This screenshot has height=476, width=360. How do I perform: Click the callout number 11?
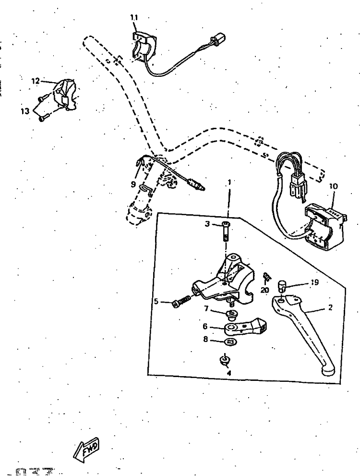click(x=134, y=18)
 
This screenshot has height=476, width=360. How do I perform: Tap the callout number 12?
click(x=36, y=81)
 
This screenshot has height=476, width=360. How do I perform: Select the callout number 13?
click(x=25, y=111)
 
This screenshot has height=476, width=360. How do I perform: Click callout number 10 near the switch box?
click(x=334, y=186)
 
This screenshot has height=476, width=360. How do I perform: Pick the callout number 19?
click(x=314, y=282)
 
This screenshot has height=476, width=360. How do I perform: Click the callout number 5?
click(x=156, y=302)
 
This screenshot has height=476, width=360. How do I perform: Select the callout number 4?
click(x=229, y=372)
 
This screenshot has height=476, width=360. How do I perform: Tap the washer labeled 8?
click(x=231, y=342)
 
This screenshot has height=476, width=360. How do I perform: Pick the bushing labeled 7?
click(x=232, y=315)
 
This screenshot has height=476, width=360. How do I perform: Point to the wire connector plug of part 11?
click(x=219, y=37)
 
